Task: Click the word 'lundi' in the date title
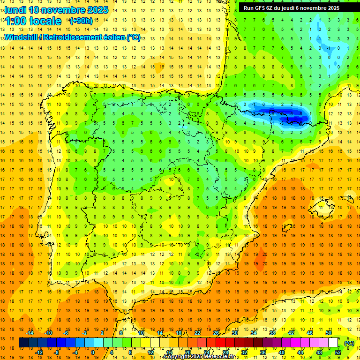pos(15,10)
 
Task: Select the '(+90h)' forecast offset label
pos(81,21)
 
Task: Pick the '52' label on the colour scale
pos(337,352)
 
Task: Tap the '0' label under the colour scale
pos(93,352)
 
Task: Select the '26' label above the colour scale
pos(216,332)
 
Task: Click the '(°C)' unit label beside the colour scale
pos(349,343)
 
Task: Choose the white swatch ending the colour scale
pos(333,343)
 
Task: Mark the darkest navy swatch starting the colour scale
pos(23,343)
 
